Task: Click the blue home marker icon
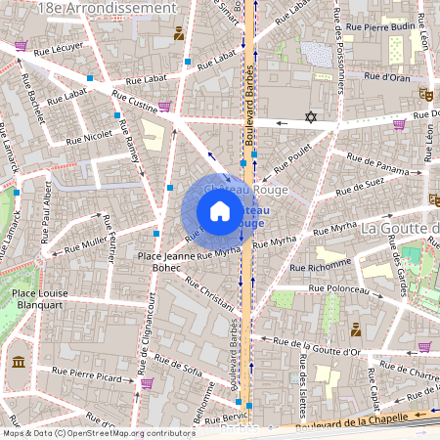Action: pyautogui.click(x=220, y=211)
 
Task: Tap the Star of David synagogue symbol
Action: pyautogui.click(x=312, y=117)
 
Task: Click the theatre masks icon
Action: pyautogui.click(x=425, y=95)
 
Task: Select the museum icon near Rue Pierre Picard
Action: pyautogui.click(x=19, y=363)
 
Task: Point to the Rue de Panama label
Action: pyautogui.click(x=382, y=170)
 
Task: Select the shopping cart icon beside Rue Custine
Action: pyautogui.click(x=164, y=106)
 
